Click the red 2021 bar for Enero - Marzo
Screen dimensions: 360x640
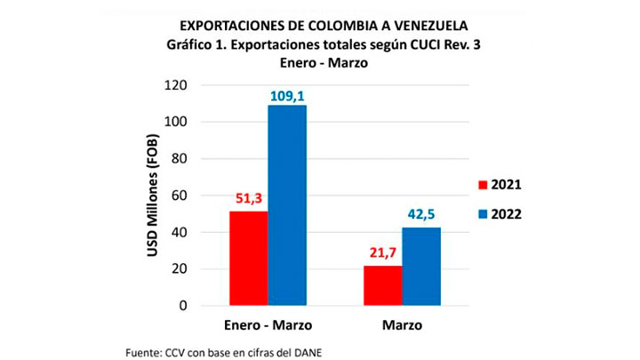point(248,258)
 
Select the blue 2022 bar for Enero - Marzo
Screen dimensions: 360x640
point(287,205)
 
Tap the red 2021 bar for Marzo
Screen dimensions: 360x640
point(383,285)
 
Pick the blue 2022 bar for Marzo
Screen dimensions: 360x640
point(422,266)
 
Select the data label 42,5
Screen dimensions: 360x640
point(422,215)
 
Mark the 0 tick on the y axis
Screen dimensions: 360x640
point(182,306)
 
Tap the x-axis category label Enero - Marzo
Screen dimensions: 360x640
point(268,325)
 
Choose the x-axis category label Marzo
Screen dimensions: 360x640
point(403,325)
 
